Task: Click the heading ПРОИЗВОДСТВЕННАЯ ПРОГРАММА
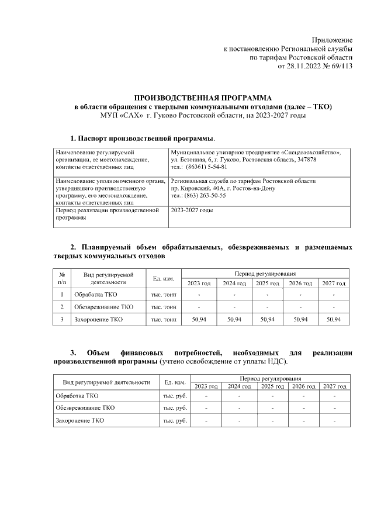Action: [203, 98]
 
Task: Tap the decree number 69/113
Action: [342, 67]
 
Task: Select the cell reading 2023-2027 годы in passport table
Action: [192, 210]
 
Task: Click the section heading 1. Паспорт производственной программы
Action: [142, 139]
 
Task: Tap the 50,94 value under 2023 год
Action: [199, 320]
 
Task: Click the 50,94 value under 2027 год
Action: [333, 320]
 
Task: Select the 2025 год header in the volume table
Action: [266, 283]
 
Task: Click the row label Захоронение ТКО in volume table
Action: [98, 320]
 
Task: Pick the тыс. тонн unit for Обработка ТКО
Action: [164, 294]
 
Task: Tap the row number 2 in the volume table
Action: [61, 307]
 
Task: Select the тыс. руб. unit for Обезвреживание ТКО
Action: [175, 407]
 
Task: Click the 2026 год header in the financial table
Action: [302, 386]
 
